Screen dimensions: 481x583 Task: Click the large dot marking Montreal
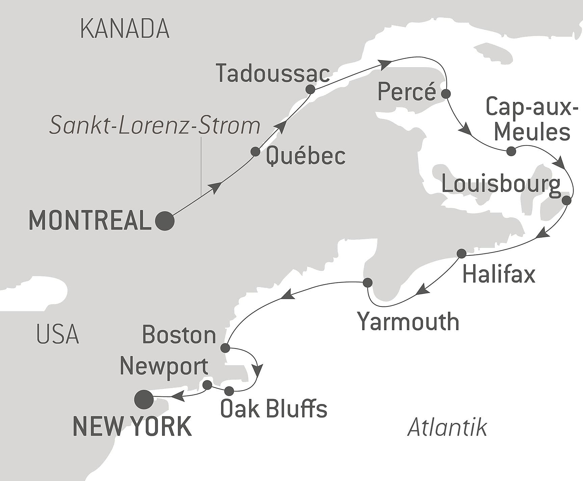tap(165, 221)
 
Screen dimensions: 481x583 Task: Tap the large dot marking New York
tap(144, 399)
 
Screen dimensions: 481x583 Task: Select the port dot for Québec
tap(255, 152)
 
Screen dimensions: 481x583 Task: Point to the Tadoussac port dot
tap(310, 89)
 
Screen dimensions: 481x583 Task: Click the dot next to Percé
tap(446, 94)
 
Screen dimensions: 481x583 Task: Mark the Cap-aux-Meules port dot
tap(511, 151)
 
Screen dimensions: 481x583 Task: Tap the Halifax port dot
tap(461, 253)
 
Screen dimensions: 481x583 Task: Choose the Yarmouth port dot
tap(367, 282)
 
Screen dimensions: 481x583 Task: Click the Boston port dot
tap(225, 348)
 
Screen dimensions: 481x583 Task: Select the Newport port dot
tap(207, 385)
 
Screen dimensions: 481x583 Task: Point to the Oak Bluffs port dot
tap(229, 391)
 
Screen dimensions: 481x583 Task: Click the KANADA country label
tap(125, 29)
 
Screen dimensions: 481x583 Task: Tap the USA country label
tap(57, 334)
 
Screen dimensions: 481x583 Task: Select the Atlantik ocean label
tap(447, 428)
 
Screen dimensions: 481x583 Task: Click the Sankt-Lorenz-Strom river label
tap(155, 126)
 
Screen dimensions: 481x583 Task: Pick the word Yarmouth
tap(408, 322)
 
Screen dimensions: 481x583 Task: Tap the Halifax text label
tap(499, 274)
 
